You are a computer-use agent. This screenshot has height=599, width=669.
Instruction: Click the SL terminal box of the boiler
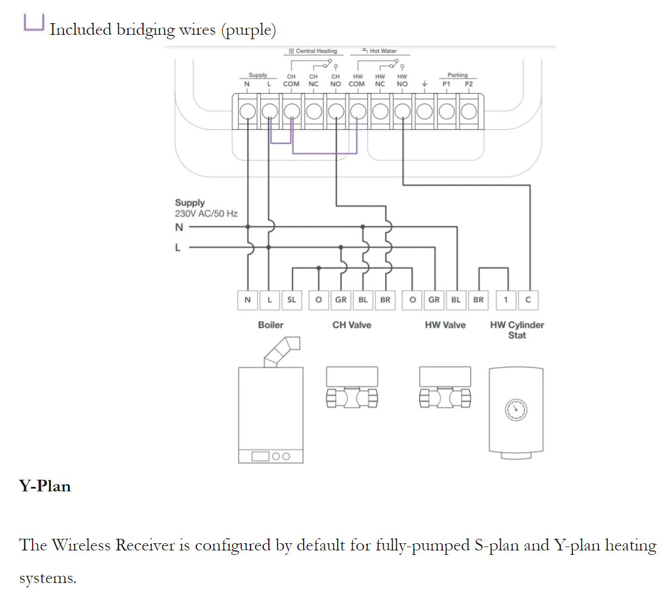coord(291,300)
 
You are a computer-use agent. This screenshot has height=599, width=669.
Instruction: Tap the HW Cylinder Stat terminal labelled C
coord(528,300)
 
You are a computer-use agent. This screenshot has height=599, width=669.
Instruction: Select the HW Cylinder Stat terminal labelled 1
coord(506,300)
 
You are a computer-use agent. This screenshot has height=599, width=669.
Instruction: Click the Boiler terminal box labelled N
coord(247,300)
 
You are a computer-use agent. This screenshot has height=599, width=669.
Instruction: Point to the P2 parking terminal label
coord(469,84)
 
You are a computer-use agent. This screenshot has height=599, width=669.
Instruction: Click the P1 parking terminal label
coord(446,84)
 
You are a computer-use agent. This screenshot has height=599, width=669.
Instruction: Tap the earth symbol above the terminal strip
coord(424,84)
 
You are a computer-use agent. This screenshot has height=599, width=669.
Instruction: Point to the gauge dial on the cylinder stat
coord(516,410)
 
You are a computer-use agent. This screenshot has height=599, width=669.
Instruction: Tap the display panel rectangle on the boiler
coord(261,457)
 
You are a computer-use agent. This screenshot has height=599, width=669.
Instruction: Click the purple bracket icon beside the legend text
coord(33,23)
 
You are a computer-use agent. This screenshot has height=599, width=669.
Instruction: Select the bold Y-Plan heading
coord(45,486)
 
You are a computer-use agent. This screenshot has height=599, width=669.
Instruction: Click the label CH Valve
coord(352,325)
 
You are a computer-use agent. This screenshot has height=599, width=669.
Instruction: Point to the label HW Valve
coord(445,325)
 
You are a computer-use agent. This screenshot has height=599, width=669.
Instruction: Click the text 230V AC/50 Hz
coord(206,214)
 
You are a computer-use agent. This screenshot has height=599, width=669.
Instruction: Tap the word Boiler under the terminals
coord(270,325)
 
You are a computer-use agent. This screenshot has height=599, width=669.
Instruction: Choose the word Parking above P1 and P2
coord(457,75)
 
